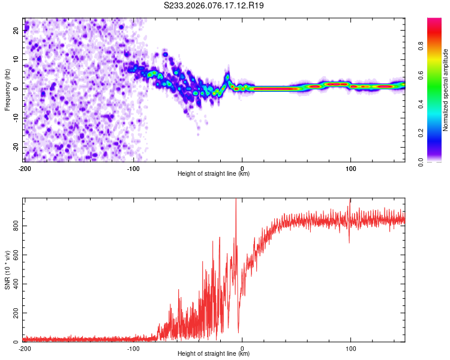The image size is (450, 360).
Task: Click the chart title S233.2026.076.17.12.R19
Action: point(214,5)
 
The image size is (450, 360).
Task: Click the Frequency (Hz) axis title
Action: point(7,89)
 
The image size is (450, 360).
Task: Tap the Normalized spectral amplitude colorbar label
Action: point(445,89)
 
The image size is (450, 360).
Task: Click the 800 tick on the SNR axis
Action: point(14,225)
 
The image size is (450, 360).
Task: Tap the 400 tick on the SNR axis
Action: point(14,284)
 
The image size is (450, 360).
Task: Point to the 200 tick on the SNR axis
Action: point(14,313)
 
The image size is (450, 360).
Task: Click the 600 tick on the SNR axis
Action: point(14,254)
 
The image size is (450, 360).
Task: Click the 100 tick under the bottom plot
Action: point(350,349)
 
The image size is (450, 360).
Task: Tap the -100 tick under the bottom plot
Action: point(133,349)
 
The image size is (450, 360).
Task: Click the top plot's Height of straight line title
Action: point(214,174)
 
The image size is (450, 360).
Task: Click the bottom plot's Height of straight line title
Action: point(214,354)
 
